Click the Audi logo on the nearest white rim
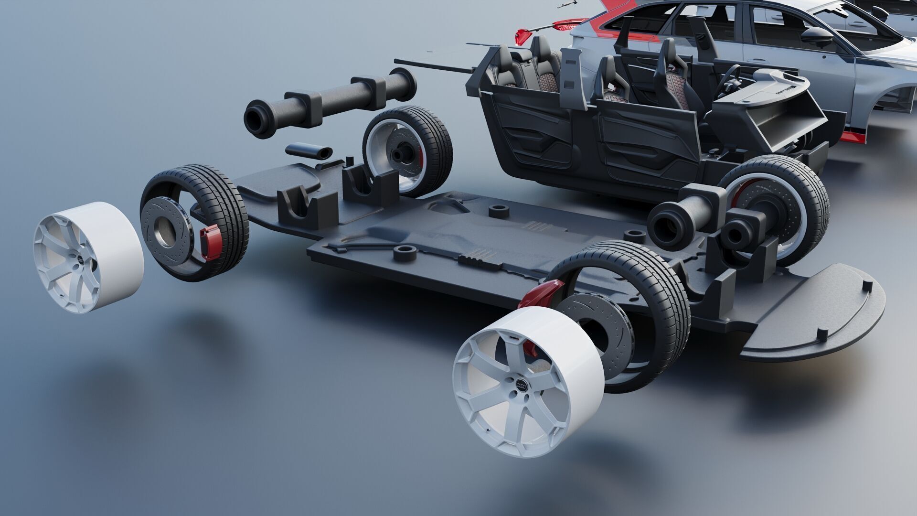pos(522,385)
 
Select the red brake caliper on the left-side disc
pos(209,243)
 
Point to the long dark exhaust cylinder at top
pos(330,102)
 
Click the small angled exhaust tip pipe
pos(309,150)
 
